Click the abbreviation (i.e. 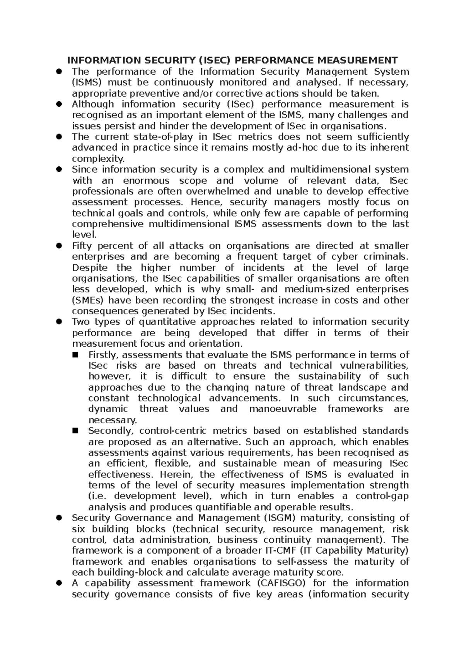[x=98, y=496]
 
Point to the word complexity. [x=99, y=159]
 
